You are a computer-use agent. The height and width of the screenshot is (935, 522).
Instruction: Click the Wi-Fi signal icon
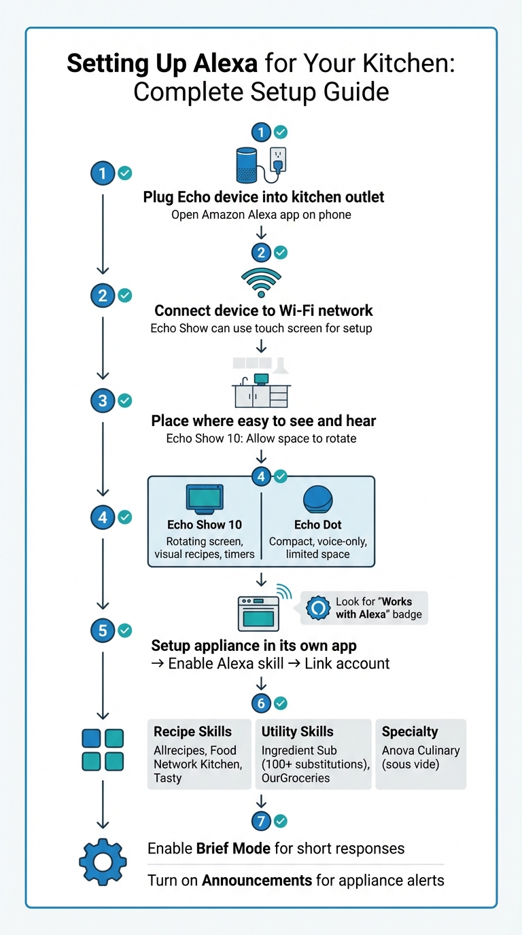[261, 282]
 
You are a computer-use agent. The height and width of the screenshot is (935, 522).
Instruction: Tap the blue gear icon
[103, 862]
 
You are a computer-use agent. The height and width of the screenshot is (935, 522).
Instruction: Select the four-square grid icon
[103, 749]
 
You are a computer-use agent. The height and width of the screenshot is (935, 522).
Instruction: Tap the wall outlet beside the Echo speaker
[279, 162]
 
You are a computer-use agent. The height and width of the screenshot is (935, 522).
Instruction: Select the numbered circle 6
[262, 703]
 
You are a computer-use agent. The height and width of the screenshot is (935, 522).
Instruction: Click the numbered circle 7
[262, 821]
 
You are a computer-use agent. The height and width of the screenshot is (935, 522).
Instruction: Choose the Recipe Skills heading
[192, 732]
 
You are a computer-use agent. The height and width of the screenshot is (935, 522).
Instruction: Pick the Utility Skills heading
[298, 732]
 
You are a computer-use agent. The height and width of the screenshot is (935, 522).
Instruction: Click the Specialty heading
[410, 732]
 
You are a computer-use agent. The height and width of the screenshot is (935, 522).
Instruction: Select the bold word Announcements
[258, 881]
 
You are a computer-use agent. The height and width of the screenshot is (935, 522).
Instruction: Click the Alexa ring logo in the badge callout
[317, 607]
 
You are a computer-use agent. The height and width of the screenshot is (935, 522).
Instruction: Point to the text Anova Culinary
[421, 751]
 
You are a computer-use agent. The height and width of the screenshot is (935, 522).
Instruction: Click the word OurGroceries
[296, 778]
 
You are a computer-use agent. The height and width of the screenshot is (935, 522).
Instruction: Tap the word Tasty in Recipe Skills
[168, 778]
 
